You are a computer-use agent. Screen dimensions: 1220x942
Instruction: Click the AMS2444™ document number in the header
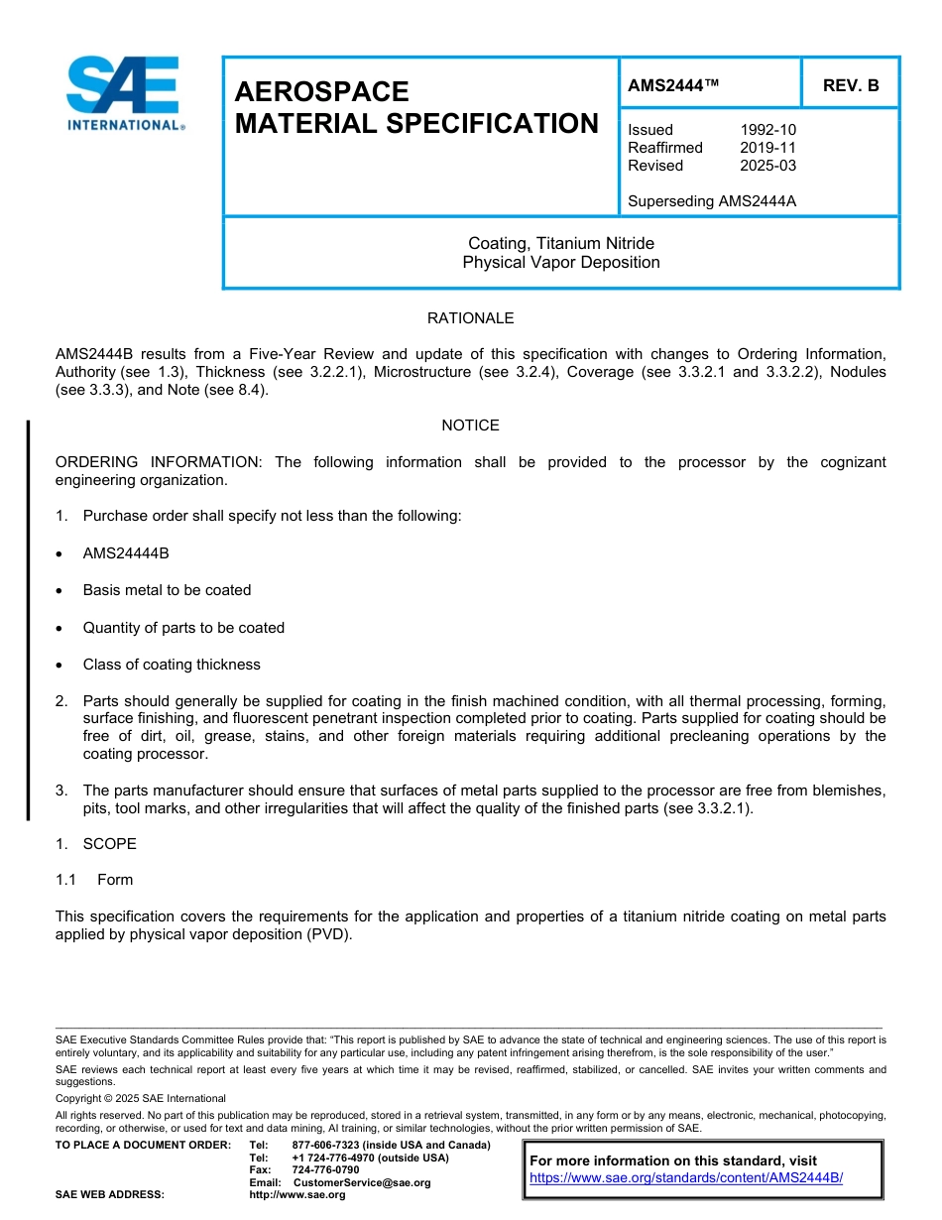673,86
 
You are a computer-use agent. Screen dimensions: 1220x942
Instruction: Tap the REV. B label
850,86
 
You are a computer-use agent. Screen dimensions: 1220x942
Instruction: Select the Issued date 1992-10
767,130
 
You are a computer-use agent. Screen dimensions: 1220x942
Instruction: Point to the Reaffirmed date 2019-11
767,148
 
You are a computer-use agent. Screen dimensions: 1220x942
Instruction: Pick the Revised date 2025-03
767,166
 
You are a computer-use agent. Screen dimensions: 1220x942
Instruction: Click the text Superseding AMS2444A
712,201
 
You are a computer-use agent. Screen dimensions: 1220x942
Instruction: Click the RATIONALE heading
470,318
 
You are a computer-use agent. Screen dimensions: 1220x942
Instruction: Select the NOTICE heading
470,426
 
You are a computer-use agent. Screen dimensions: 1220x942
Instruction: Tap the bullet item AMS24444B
126,553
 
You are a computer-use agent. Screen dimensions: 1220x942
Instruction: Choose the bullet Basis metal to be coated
167,590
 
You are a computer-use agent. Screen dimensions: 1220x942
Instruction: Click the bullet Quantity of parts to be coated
183,628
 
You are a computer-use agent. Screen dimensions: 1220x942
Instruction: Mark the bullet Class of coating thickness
172,665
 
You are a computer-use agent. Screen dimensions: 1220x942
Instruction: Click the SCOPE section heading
109,844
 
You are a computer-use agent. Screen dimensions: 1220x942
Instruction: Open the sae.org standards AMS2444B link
686,1178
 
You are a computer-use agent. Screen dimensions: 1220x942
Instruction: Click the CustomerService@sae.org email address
362,1182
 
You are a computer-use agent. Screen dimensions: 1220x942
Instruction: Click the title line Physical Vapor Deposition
560,263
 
